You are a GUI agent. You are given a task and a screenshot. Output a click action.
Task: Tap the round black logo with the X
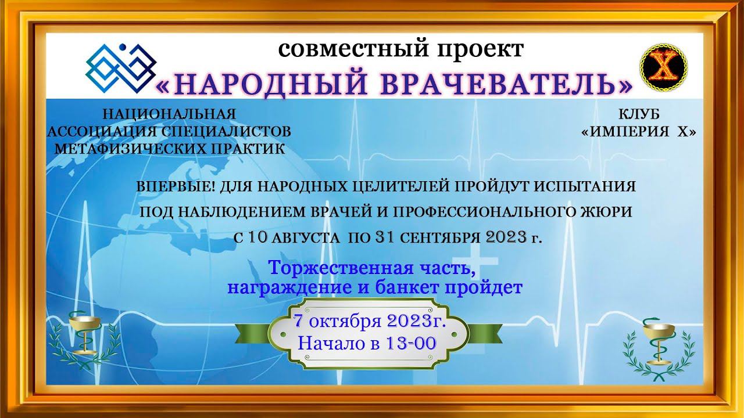pos(663,66)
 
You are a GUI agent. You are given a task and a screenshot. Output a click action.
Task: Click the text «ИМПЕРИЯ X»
pos(639,132)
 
